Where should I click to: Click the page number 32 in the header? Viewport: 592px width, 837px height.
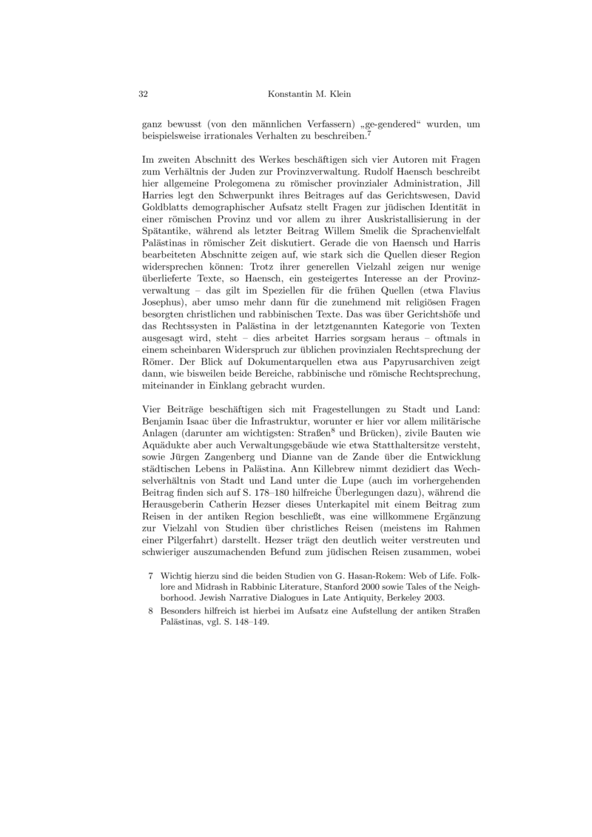144,95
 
